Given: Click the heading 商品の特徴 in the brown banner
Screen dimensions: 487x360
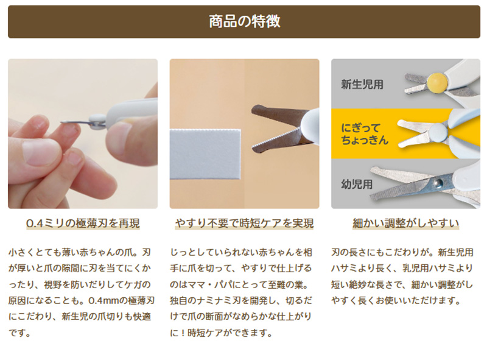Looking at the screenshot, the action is [x=244, y=21].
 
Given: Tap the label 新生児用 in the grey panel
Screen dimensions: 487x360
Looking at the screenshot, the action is [x=362, y=84].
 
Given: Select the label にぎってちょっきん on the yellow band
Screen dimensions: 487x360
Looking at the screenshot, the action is [x=364, y=134].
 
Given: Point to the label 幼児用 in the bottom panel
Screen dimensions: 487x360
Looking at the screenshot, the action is [x=357, y=184].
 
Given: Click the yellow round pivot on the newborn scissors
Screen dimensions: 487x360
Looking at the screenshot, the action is [x=437, y=83].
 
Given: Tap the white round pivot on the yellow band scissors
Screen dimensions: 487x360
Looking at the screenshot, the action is [x=438, y=132].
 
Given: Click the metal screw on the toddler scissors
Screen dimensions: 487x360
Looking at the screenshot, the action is [x=438, y=183].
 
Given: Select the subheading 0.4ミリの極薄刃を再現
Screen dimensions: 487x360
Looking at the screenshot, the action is [x=83, y=223].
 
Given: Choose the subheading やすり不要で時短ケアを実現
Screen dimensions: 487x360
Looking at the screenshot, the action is [x=244, y=223].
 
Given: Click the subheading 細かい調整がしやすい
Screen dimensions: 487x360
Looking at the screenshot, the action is [x=405, y=223].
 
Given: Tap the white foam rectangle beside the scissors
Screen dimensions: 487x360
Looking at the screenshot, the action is [x=205, y=154].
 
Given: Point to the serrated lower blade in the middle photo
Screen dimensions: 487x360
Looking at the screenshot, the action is [x=276, y=142].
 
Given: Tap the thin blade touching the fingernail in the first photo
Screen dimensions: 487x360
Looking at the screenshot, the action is [x=74, y=122].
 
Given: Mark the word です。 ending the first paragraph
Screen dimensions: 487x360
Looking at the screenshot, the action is [x=19, y=333].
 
